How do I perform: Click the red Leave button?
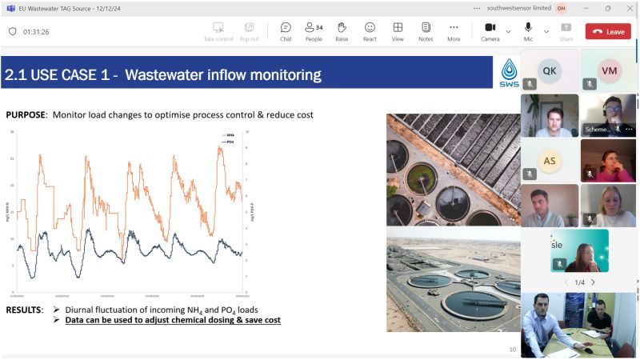[x=608, y=31]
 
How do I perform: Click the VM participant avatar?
[x=609, y=70]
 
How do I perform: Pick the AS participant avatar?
[x=549, y=159]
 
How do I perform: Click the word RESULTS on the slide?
[x=25, y=310]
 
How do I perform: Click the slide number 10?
[x=513, y=349]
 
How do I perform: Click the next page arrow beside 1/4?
[x=593, y=282]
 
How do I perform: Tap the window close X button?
[x=628, y=8]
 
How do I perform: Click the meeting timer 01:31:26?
[x=36, y=32]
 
